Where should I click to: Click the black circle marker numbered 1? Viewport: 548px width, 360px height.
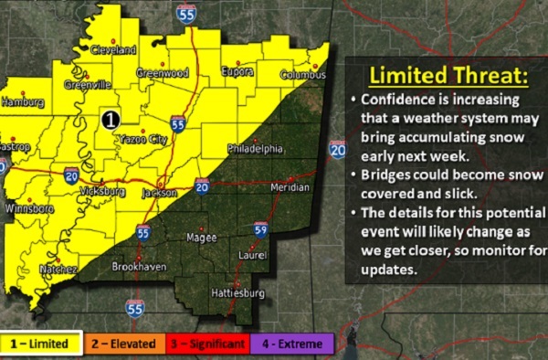pyautogui.click(x=110, y=119)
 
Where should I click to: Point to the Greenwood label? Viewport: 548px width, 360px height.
pyautogui.click(x=162, y=72)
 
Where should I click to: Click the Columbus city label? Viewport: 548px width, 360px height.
pyautogui.click(x=302, y=75)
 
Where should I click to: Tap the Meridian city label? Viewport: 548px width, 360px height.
pyautogui.click(x=291, y=186)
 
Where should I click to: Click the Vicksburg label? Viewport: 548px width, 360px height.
pyautogui.click(x=89, y=193)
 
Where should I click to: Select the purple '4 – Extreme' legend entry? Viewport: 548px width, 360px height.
pyautogui.click(x=294, y=344)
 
